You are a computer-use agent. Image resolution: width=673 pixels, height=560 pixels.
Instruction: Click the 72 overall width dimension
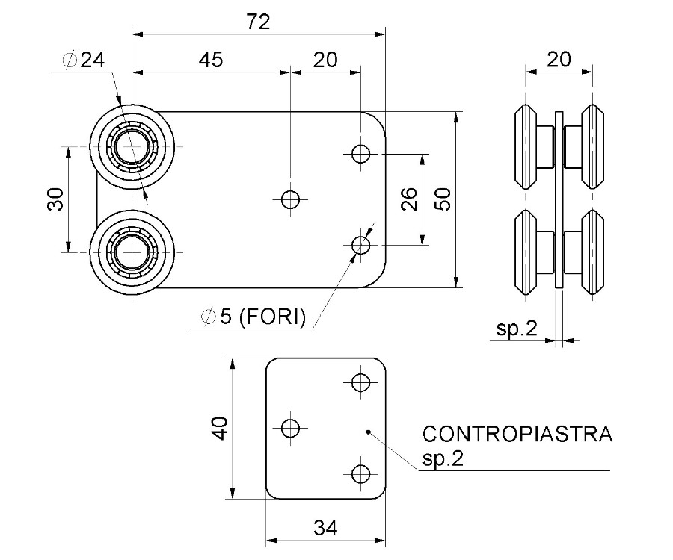click(x=258, y=22)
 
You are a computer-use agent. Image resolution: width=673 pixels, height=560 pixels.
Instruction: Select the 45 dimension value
click(x=211, y=60)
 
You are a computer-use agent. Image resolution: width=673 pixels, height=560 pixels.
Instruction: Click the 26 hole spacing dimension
click(x=409, y=199)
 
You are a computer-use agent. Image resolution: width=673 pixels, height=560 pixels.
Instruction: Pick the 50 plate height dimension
click(x=443, y=199)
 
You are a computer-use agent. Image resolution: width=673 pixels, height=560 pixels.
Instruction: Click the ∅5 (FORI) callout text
click(x=253, y=317)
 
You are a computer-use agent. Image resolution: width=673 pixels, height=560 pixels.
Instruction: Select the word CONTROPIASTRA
click(x=517, y=434)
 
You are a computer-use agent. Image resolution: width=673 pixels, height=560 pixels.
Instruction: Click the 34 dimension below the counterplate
click(x=325, y=528)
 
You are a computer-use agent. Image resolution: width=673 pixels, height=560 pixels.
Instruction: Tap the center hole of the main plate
click(x=290, y=199)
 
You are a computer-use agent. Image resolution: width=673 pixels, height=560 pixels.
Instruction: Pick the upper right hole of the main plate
click(x=361, y=154)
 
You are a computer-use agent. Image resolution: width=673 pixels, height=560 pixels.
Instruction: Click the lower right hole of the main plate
click(x=361, y=244)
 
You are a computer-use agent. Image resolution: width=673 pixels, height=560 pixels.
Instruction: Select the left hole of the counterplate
click(x=290, y=428)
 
